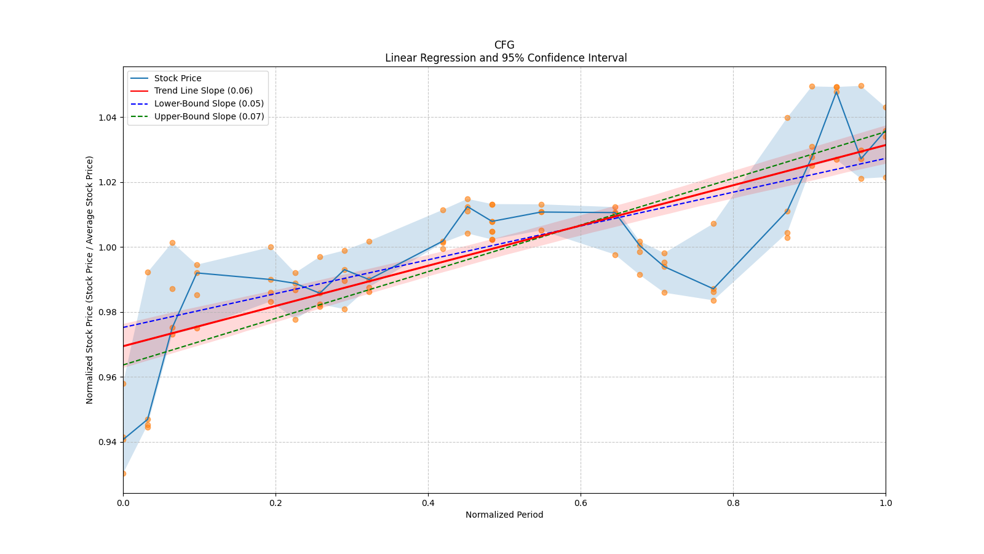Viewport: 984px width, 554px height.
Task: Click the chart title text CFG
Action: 504,45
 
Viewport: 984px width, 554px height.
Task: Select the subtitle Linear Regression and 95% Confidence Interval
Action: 506,58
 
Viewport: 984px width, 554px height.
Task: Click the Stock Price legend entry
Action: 178,78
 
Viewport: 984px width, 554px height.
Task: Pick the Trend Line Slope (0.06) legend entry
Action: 203,91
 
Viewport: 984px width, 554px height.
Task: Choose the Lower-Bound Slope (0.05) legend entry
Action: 208,103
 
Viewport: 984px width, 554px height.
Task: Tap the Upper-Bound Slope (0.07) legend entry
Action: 209,116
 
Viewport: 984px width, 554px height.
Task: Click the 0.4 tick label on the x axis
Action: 428,503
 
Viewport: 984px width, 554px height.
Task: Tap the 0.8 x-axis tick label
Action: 733,503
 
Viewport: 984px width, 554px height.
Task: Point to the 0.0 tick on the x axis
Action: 123,503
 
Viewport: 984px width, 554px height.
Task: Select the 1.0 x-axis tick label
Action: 886,503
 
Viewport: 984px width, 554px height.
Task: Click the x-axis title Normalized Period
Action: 504,515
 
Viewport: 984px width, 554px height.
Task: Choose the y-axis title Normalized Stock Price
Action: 90,279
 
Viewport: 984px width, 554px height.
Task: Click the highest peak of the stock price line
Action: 836,91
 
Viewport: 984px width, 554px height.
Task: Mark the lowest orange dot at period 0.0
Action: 123,473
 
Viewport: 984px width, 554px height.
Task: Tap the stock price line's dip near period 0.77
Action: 713,289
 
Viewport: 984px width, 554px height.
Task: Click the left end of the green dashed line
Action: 124,365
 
